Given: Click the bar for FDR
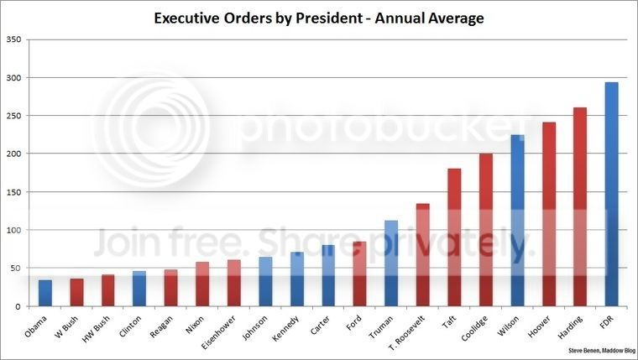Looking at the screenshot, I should point(611,194).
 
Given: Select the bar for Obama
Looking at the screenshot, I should point(44,293).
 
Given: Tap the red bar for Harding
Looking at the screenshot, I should point(579,206).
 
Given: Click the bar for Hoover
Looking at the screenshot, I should point(548,214).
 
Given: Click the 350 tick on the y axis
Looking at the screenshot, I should point(14,39).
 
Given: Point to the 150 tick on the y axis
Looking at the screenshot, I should point(14,192).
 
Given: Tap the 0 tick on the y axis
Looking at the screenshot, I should point(19,306).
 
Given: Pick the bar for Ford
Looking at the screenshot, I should point(359,274).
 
